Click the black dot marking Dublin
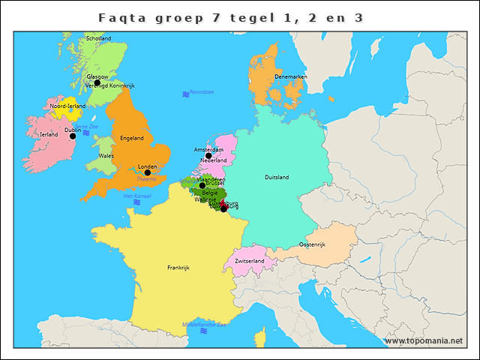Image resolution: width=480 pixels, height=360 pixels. pyautogui.click(x=73, y=136)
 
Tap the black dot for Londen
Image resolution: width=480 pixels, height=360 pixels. pyautogui.click(x=148, y=172)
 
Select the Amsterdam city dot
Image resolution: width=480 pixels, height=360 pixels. pyautogui.click(x=208, y=155)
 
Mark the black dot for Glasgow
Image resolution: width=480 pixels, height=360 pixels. pyautogui.click(x=97, y=82)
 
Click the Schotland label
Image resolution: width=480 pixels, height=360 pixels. pyautogui.click(x=99, y=38)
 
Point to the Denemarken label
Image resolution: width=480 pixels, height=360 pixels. pyautogui.click(x=291, y=76)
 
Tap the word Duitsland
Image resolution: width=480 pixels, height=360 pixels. pyautogui.click(x=277, y=177)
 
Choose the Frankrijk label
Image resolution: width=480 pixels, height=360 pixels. pyautogui.click(x=178, y=267)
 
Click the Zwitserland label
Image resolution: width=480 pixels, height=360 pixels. pyautogui.click(x=250, y=261)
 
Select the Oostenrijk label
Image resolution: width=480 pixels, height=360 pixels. pyautogui.click(x=312, y=244)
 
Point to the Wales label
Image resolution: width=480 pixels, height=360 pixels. pyautogui.click(x=106, y=156)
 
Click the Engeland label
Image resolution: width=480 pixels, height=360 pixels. pyautogui.click(x=132, y=138)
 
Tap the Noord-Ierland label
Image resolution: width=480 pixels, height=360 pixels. pyautogui.click(x=67, y=106)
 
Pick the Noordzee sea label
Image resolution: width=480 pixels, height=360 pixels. pyautogui.click(x=202, y=92)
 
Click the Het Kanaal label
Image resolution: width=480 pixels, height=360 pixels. pyautogui.click(x=137, y=196)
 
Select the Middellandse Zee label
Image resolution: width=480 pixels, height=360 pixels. pyautogui.click(x=205, y=325)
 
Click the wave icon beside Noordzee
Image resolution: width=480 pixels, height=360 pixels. pyautogui.click(x=185, y=94)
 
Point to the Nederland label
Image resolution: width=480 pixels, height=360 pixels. pyautogui.click(x=214, y=160)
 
